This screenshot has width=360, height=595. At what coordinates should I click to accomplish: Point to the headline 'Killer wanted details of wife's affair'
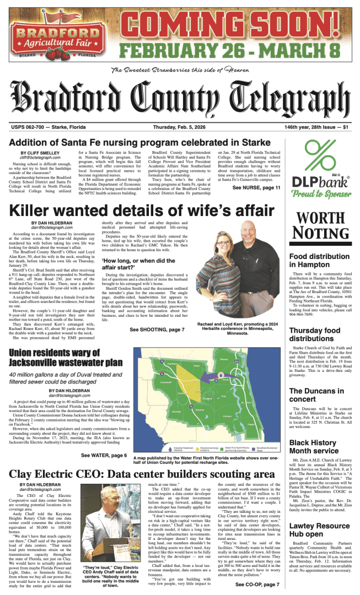coord(142,210)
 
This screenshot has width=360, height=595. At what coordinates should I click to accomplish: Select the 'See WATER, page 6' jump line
coord(104,456)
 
